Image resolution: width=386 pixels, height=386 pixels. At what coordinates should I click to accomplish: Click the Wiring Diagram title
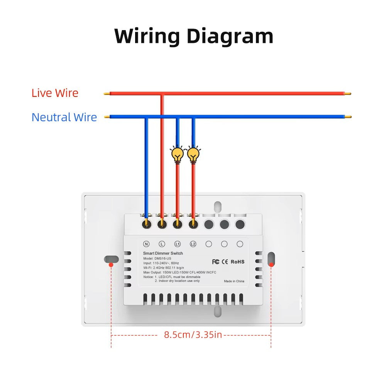click(194, 36)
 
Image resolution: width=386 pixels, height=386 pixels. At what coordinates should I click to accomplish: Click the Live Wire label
click(55, 93)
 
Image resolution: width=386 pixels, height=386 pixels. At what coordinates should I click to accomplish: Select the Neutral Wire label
click(64, 117)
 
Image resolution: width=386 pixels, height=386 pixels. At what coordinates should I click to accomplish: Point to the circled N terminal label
click(146, 244)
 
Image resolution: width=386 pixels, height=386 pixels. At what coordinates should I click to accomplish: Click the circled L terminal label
click(162, 244)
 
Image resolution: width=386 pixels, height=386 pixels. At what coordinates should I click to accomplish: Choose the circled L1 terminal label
click(178, 244)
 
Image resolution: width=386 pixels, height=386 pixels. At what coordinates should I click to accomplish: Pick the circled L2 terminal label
click(193, 244)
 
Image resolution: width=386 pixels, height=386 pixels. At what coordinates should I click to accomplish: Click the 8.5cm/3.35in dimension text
click(193, 335)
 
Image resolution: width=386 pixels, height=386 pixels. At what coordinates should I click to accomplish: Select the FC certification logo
click(215, 262)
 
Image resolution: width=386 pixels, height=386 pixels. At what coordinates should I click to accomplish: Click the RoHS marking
click(237, 262)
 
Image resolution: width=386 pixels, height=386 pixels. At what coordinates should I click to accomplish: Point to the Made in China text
click(234, 281)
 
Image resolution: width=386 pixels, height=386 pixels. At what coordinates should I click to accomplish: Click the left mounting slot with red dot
click(111, 259)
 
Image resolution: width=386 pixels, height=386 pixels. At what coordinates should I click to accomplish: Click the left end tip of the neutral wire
click(107, 117)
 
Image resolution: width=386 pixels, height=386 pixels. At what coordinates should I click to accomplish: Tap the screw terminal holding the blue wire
click(146, 223)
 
